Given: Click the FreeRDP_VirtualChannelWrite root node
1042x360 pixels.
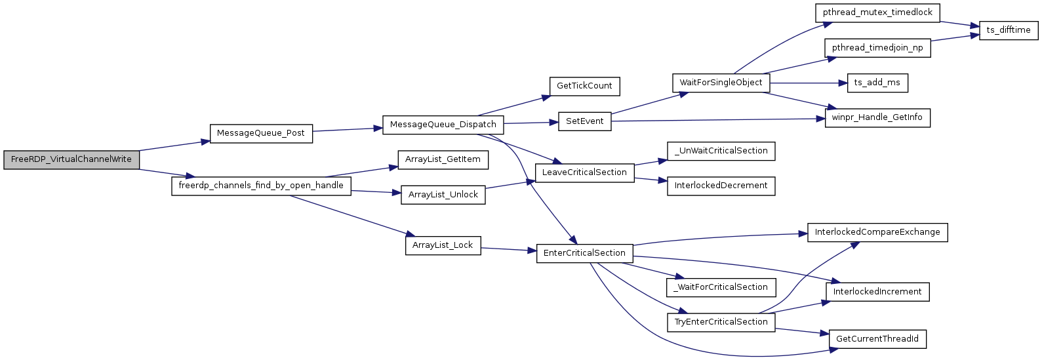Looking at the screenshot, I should point(71,159).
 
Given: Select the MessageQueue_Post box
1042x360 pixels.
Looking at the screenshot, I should point(260,133).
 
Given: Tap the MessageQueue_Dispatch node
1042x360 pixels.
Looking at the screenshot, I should point(443,125).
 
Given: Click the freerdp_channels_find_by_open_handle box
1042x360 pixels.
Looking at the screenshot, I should point(261,186).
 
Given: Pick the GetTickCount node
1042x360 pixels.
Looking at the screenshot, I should point(584,86).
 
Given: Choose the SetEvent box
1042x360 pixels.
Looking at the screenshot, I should point(584,121).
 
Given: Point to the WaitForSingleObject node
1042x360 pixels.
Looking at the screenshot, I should point(721,83).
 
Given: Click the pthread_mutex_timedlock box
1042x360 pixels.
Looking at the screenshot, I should point(877,12).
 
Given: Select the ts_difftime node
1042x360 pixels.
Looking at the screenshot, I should point(1008,30).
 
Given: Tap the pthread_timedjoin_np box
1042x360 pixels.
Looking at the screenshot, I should point(877,48).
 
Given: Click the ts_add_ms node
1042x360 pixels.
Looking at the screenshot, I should point(877,83).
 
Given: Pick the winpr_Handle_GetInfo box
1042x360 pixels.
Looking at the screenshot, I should point(877,117).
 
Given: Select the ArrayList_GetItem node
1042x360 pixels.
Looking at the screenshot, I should point(443,159).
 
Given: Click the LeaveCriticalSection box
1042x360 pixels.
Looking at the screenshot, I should point(584,172).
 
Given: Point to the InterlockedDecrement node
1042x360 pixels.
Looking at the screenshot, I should point(721,186).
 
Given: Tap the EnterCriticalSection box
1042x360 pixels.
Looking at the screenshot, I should point(584,253).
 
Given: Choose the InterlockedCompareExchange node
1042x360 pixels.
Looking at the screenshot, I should point(877,232).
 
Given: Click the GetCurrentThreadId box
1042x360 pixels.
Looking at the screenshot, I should point(877,339).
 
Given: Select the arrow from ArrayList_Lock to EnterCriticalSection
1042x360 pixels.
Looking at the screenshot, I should point(508,249).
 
